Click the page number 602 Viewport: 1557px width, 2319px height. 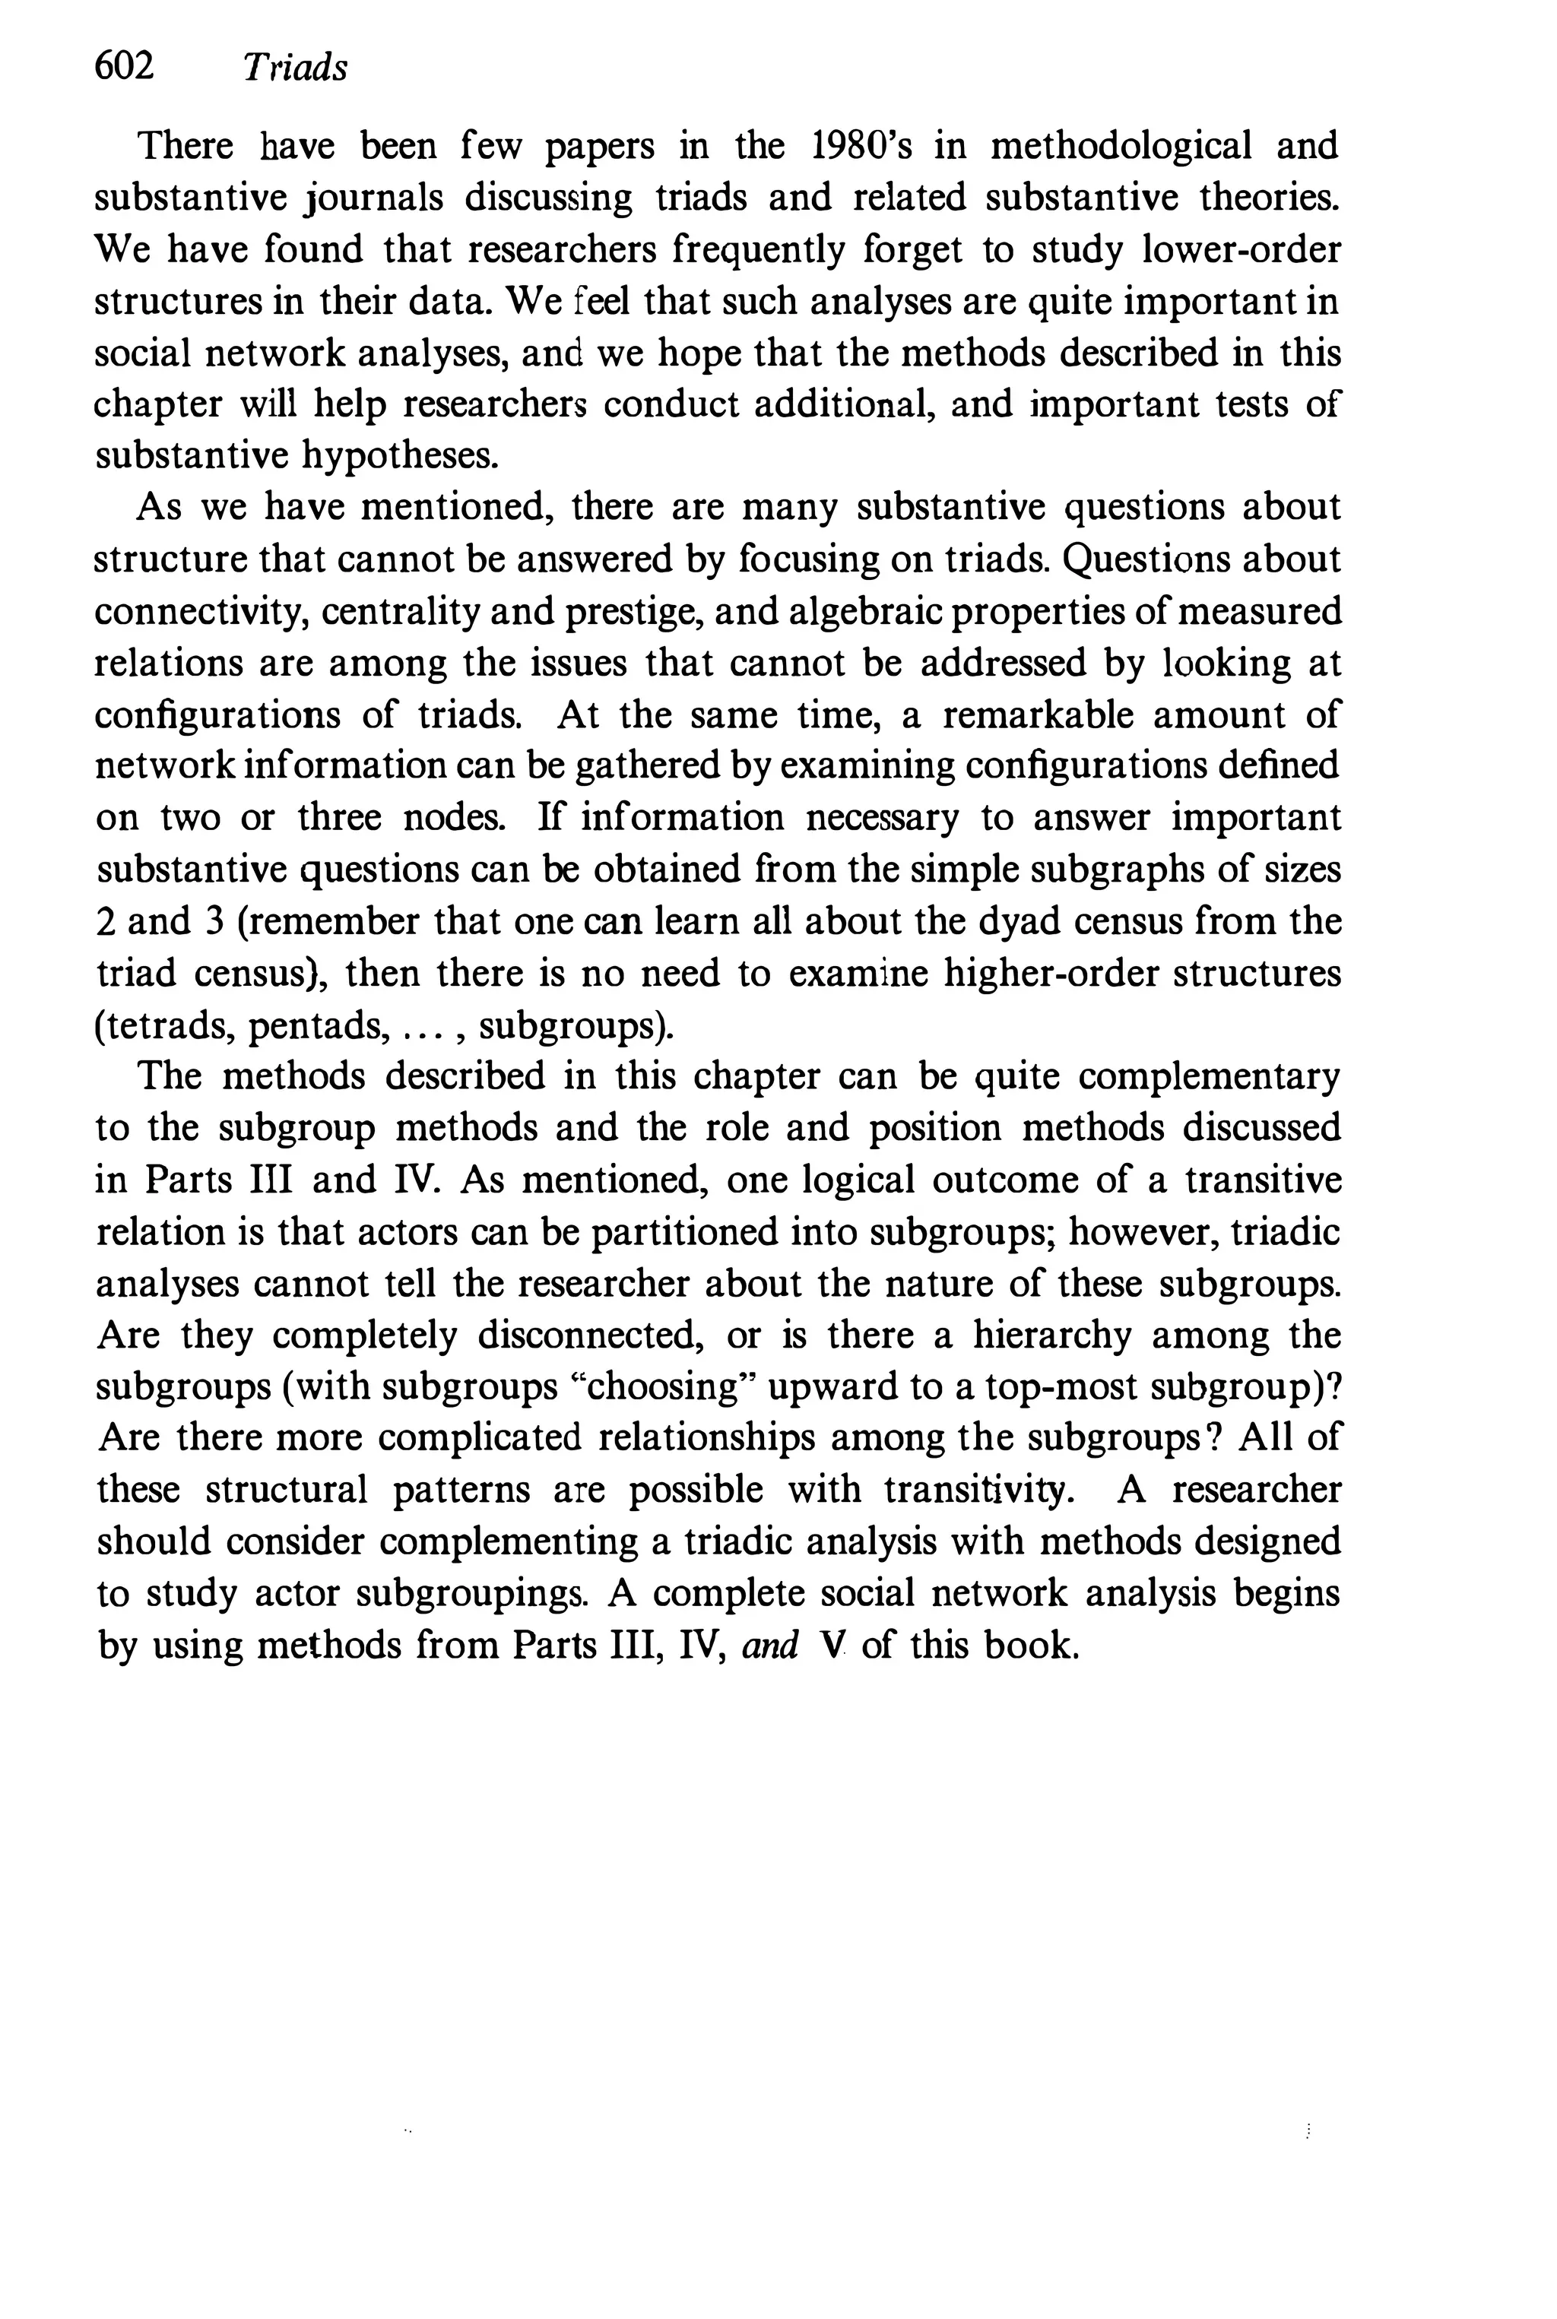click(x=124, y=67)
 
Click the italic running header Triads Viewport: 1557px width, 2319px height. click(x=295, y=68)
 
